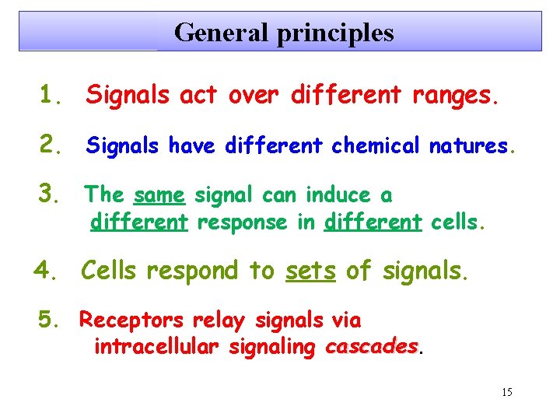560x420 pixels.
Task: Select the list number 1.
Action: pyautogui.click(x=52, y=96)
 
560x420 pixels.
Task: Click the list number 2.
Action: pyautogui.click(x=52, y=145)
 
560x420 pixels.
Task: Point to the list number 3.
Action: pyautogui.click(x=52, y=194)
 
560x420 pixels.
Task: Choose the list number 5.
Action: pyautogui.click(x=51, y=320)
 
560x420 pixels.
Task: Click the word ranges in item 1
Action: pyautogui.click(x=450, y=96)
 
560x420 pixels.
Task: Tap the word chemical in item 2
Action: pyautogui.click(x=376, y=145)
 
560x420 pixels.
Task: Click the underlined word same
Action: pyautogui.click(x=159, y=194)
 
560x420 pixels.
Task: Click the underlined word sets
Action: pyautogui.click(x=311, y=271)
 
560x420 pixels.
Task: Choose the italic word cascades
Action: pyautogui.click(x=371, y=347)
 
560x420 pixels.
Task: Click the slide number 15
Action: pyautogui.click(x=506, y=392)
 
